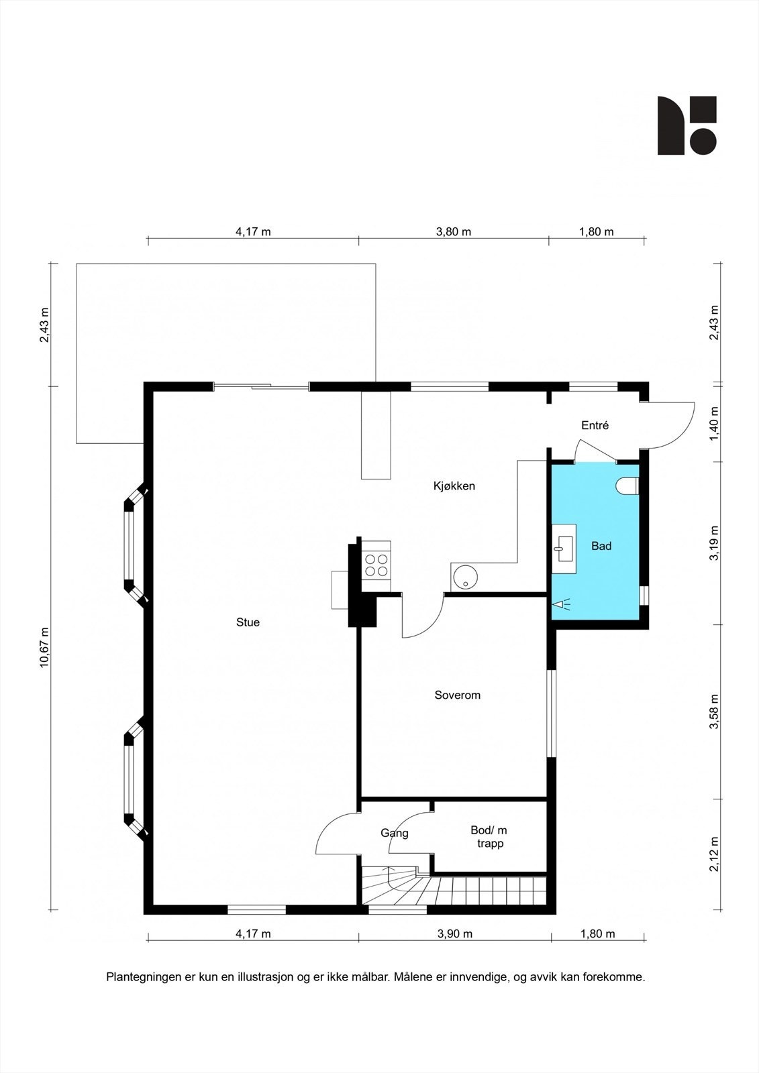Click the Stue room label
point(248,622)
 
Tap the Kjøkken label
point(454,486)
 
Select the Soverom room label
point(458,695)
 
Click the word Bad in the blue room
point(601,546)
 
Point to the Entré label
point(595,425)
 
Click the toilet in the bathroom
point(627,486)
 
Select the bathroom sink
point(564,549)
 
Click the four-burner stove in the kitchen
point(376,565)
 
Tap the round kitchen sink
point(464,577)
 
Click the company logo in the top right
point(687,125)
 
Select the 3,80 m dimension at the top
point(453,232)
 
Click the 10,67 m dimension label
point(44,647)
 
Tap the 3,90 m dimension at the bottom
point(454,934)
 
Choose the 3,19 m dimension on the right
point(715,543)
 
